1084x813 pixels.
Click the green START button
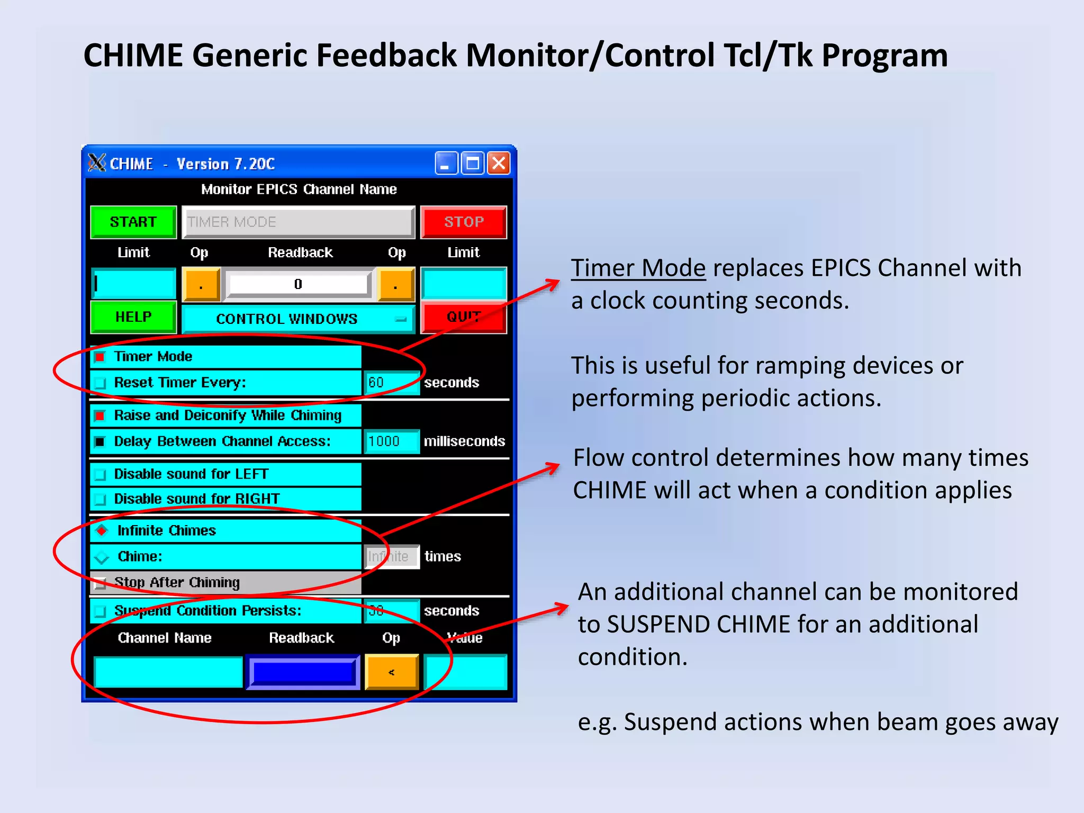133,222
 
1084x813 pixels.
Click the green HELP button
133,317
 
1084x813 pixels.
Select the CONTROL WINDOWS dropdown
298,319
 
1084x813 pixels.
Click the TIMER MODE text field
298,222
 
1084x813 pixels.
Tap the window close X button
499,163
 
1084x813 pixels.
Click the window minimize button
446,163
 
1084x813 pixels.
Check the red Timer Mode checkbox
100,357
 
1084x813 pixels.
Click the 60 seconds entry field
391,383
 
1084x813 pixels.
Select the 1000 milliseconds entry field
391,441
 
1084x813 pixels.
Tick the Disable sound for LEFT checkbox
100,475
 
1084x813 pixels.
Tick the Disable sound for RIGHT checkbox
100,499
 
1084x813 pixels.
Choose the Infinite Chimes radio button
102,530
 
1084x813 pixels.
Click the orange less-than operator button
392,672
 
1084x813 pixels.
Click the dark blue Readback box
303,672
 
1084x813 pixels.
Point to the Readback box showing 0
299,284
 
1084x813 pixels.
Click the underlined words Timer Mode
638,268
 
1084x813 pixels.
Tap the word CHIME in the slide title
133,55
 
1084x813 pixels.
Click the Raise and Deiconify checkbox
100,415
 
